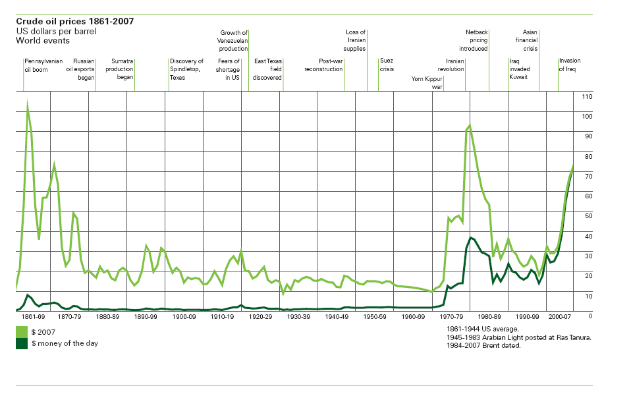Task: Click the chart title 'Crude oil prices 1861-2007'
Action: coord(74,21)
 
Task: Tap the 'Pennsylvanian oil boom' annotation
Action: coord(43,65)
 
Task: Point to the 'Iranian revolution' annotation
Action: coord(451,65)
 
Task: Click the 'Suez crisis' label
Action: coord(387,65)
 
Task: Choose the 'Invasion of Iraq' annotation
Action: coord(570,65)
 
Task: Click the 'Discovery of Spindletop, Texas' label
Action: coord(186,69)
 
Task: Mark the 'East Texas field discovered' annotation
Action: coord(268,69)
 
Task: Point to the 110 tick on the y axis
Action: coord(588,97)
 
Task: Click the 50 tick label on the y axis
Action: coord(588,215)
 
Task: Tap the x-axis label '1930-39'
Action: coord(298,316)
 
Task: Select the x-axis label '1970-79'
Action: coord(451,316)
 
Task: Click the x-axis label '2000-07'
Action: coord(561,316)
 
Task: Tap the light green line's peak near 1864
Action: coord(28,104)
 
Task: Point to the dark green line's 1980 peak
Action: coord(470,237)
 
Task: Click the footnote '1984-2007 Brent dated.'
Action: coord(483,346)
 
